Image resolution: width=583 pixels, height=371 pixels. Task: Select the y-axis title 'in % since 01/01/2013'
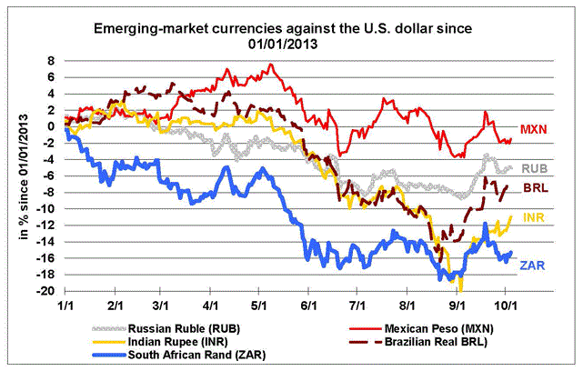20,178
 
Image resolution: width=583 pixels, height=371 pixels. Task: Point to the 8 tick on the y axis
53,61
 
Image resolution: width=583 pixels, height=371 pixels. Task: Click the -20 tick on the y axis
48,292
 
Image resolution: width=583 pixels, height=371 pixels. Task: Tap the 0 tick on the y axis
53,126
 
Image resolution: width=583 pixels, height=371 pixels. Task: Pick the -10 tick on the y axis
48,209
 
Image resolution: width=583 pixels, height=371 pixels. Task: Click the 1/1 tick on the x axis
65,307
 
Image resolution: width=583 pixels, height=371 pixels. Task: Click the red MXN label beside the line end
534,131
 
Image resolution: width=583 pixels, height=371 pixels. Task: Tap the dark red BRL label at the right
534,188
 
